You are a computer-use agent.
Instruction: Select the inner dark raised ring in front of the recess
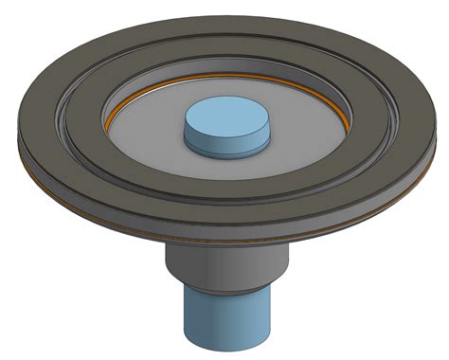pos(227,182)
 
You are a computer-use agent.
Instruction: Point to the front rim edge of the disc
pos(227,231)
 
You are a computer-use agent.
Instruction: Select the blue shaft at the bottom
pos(224,317)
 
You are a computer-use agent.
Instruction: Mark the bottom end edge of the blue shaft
pos(224,344)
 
